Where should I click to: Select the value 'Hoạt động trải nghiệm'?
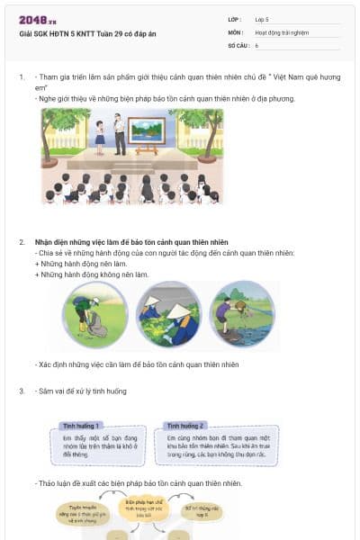tap(282, 31)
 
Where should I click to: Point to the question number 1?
tap(22, 77)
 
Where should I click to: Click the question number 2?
tap(22, 243)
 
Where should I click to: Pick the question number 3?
tap(22, 391)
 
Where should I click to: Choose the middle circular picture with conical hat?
tap(169, 314)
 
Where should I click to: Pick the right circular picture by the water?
tap(241, 314)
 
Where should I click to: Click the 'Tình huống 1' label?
tap(80, 425)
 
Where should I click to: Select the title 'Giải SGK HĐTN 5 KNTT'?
tap(87, 33)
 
